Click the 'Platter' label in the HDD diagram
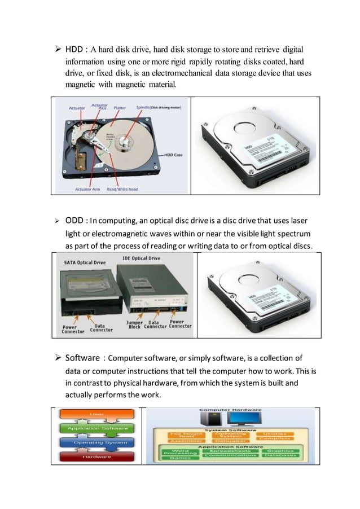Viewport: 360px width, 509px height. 120,107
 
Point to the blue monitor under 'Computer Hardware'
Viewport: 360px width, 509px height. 236,418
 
